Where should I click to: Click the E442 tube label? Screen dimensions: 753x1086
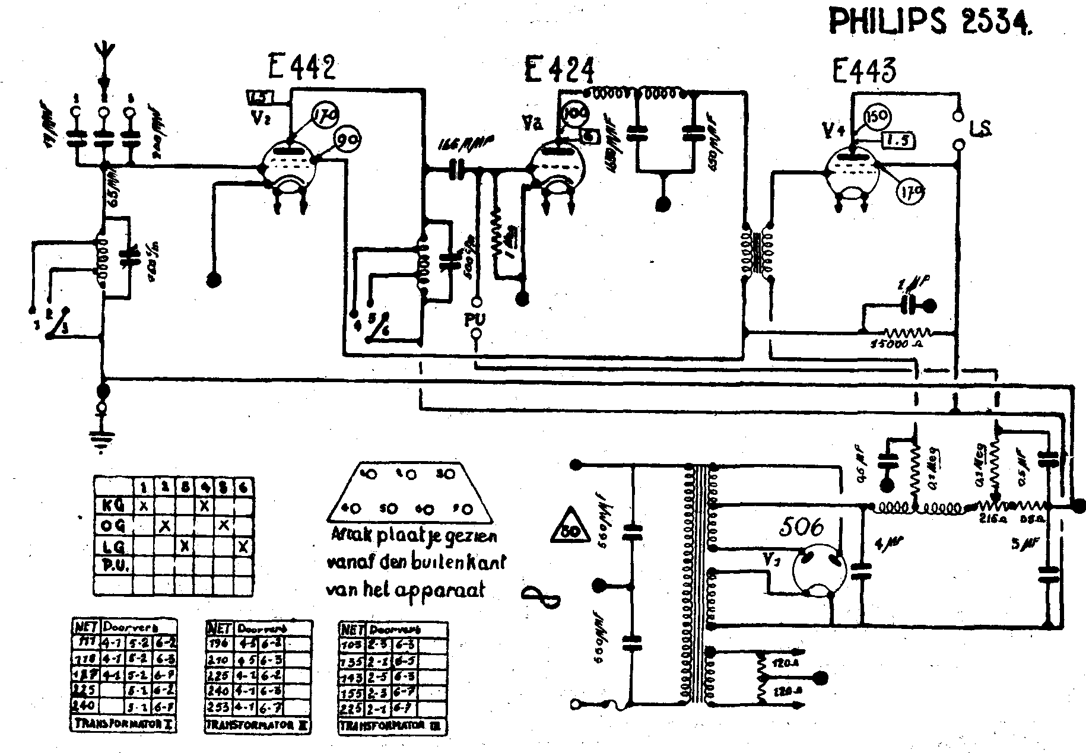[301, 68]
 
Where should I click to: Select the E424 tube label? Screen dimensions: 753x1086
[558, 69]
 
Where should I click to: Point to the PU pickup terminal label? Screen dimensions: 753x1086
[475, 320]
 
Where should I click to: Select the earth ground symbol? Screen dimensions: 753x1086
[103, 440]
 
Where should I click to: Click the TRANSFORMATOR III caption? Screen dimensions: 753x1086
[392, 726]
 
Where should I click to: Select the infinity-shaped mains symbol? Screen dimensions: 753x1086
[541, 595]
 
